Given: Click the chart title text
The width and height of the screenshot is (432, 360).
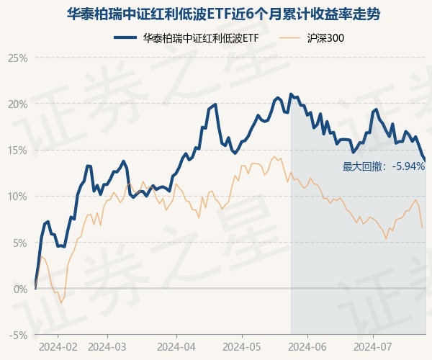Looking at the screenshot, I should click(216, 14).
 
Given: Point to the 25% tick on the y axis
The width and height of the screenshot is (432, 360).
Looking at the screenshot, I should click(18, 58).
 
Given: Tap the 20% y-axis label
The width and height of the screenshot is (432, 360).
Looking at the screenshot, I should click(18, 104).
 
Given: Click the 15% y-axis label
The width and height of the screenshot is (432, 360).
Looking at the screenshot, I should click(18, 150).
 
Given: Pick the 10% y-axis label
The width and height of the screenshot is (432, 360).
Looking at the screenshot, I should click(18, 196).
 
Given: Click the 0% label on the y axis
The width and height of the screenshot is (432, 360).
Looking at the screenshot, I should click(20, 289).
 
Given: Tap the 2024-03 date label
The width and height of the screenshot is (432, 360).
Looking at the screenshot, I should click(107, 346).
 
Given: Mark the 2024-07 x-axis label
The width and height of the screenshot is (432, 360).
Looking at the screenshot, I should click(373, 346).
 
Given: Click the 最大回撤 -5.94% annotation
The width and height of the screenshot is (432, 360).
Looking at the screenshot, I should click(384, 166).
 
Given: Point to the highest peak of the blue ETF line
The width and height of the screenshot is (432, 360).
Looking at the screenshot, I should click(290, 94).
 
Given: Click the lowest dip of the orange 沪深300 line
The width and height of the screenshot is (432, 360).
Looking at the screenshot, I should click(61, 302).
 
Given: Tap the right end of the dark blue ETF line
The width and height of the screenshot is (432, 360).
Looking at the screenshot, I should click(425, 161).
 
